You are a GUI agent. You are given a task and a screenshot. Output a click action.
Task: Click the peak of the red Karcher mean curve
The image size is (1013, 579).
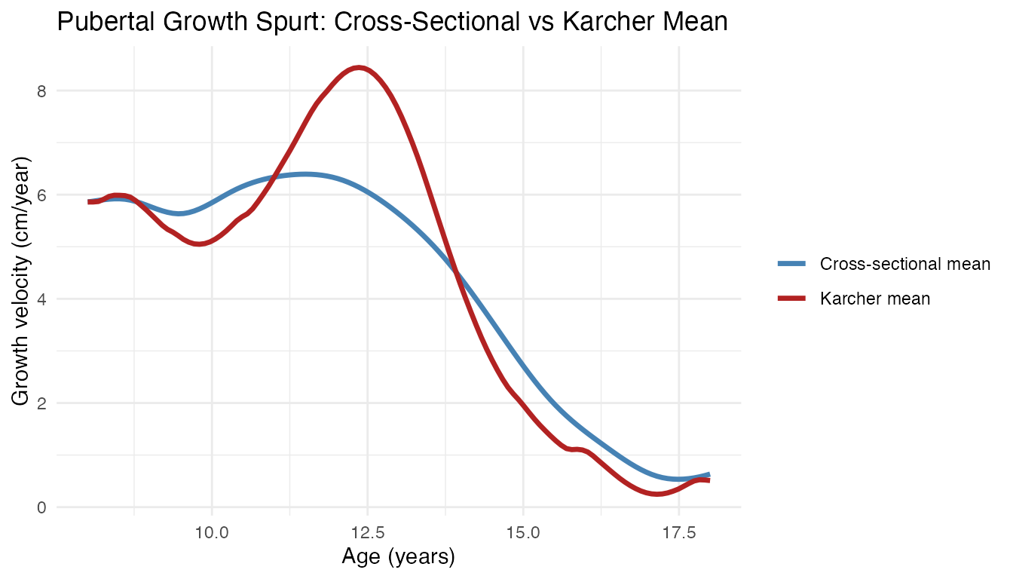(x=360, y=68)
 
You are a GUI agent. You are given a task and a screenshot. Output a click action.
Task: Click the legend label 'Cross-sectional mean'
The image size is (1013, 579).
(x=905, y=264)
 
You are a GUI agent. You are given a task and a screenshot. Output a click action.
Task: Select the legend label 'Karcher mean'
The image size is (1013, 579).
(x=875, y=299)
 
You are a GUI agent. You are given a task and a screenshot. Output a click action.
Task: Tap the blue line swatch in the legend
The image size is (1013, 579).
(x=792, y=264)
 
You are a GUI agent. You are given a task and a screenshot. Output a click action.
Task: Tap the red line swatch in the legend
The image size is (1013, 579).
(x=792, y=299)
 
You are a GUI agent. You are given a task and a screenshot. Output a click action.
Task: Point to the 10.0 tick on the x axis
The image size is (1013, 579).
(x=212, y=532)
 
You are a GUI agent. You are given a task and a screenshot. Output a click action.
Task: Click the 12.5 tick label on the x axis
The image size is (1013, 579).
(x=367, y=532)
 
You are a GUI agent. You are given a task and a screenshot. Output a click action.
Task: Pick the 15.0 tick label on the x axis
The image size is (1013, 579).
(x=523, y=532)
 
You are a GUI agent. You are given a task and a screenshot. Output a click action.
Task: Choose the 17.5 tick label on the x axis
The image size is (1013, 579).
(x=678, y=532)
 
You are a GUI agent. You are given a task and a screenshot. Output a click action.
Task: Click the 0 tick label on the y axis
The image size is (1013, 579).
(x=41, y=507)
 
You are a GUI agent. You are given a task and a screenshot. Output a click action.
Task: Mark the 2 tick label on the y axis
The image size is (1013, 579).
(x=41, y=403)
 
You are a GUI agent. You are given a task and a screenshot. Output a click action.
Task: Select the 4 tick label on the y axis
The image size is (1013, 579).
(x=41, y=299)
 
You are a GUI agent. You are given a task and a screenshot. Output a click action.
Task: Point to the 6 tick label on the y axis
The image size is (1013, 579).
(x=41, y=195)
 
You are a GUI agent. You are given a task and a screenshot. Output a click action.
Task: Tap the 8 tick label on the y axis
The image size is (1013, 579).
(x=41, y=90)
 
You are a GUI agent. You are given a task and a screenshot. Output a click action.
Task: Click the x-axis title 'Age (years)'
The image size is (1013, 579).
(x=399, y=557)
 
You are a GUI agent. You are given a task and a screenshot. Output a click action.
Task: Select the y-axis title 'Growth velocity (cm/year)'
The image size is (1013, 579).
(x=22, y=280)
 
